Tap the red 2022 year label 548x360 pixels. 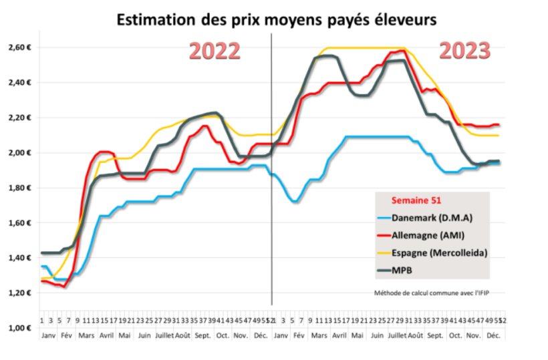point(215,51)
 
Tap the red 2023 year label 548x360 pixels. point(465,51)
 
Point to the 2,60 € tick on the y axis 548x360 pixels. point(21,47)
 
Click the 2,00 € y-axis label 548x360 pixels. point(21,153)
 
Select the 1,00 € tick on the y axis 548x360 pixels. point(21,328)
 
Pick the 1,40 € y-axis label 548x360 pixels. point(21,258)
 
